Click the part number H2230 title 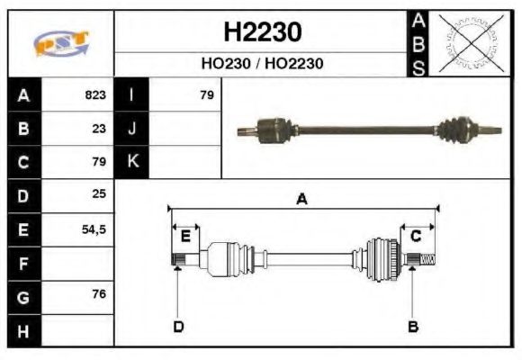tap(262, 32)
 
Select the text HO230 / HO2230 tap(262, 64)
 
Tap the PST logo tap(61, 43)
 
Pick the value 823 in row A tap(95, 94)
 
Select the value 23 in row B tap(99, 128)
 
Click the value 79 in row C tap(99, 162)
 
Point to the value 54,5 tap(94, 229)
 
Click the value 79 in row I tap(206, 94)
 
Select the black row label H tap(23, 331)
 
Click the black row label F tap(23, 264)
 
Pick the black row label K tap(132, 162)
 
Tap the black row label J tap(132, 128)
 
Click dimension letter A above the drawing tap(302, 200)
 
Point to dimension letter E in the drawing tap(184, 237)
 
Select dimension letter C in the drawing tap(416, 236)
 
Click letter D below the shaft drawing tap(178, 326)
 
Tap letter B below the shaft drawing tap(412, 326)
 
